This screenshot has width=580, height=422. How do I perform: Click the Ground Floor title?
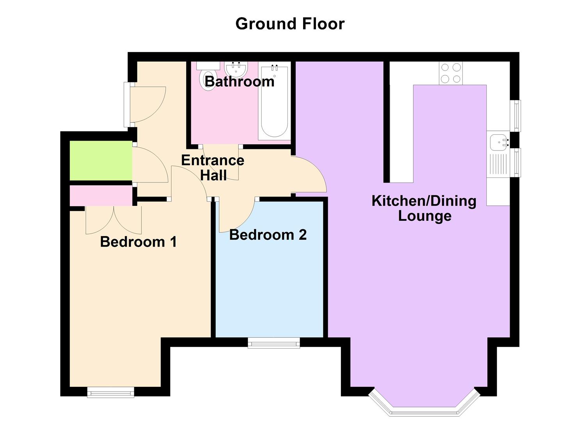coord(290,24)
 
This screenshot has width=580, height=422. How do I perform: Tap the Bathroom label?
coord(239,82)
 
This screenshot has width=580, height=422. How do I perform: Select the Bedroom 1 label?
coord(138,242)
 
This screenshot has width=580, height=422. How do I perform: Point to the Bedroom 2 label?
coord(268,235)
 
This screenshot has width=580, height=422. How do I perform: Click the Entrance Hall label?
coord(213,168)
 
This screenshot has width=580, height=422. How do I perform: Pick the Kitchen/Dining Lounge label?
coord(424,208)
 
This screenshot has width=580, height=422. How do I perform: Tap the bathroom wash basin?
coord(236,69)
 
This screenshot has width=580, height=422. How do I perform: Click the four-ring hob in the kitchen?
coord(450,73)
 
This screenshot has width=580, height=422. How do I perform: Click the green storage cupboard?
coord(101,161)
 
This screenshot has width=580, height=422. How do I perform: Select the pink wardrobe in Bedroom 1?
coord(101,196)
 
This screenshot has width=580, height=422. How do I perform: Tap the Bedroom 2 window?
coord(274,343)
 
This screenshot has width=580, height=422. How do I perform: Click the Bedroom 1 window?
coord(111,392)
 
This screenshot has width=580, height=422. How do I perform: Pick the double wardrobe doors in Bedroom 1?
coord(114,221)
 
